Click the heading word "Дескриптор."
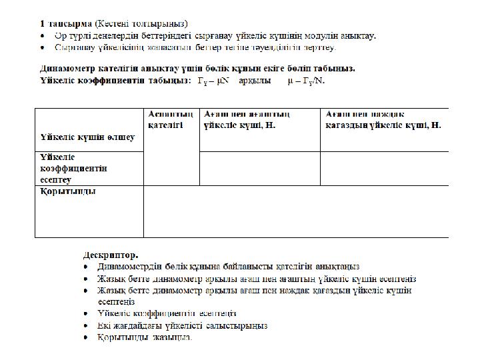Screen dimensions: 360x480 pyautogui.click(x=111, y=255)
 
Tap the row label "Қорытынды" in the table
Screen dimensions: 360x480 pyautogui.click(x=67, y=192)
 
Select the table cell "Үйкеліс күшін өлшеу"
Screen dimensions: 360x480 pyautogui.click(x=87, y=138)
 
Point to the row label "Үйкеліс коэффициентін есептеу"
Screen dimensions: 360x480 pyautogui.click(x=73, y=168)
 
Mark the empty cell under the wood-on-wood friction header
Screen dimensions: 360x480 pyautogui.click(x=259, y=168)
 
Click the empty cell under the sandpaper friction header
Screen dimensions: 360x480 pyautogui.click(x=384, y=168)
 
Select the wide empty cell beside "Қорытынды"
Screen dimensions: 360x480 pyautogui.click(x=296, y=211)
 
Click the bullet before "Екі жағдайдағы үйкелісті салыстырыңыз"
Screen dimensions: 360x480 pyautogui.click(x=87, y=325)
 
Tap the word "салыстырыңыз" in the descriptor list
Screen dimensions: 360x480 pyautogui.click(x=240, y=325)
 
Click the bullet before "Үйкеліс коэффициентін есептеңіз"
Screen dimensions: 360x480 pyautogui.click(x=87, y=313)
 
